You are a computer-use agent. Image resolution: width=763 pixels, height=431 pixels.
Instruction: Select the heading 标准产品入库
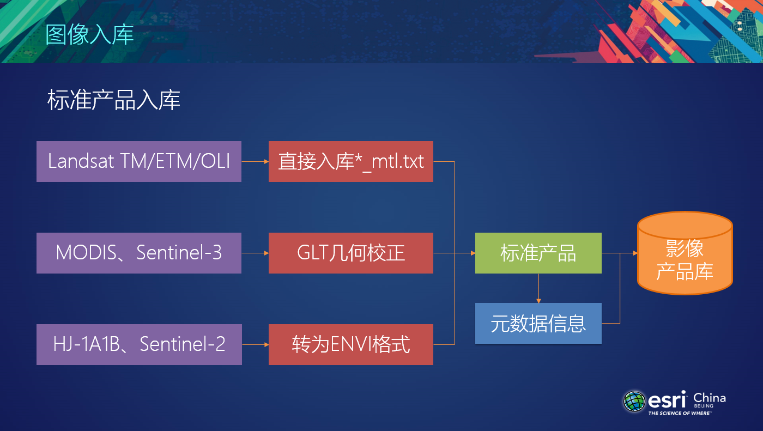coord(114,100)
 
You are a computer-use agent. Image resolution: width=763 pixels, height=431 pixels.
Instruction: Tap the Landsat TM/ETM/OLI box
coord(139,161)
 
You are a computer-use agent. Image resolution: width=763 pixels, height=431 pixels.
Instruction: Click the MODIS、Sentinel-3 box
coord(139,253)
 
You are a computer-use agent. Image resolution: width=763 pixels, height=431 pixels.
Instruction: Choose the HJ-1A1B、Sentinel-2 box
coord(139,344)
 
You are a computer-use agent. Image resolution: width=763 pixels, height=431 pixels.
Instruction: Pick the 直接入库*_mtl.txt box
coord(350,161)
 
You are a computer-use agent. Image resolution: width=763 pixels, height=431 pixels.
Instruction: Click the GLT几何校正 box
coord(350,253)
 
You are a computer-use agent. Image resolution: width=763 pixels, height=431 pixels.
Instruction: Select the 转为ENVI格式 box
coord(350,344)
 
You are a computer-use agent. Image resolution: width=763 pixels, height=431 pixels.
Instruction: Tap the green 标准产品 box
coord(538,253)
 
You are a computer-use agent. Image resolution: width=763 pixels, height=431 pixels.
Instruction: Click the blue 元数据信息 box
coord(538,323)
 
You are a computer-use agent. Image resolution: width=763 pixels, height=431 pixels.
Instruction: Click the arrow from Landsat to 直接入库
coord(255,161)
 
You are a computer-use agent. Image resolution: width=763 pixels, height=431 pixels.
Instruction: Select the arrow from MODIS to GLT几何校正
coord(255,253)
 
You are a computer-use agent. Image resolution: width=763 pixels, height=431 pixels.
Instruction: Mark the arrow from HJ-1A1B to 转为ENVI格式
coord(255,344)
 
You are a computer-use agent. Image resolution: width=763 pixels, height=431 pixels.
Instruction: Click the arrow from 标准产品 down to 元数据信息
coord(538,288)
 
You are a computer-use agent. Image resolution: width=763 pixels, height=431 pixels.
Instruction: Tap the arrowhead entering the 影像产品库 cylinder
coord(634,253)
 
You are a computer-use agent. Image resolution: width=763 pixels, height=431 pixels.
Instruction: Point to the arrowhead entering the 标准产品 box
coord(472,253)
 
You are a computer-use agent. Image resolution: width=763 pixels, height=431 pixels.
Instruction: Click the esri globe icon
coord(634,401)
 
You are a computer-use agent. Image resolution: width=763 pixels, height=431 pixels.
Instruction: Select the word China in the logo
coord(709,398)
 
